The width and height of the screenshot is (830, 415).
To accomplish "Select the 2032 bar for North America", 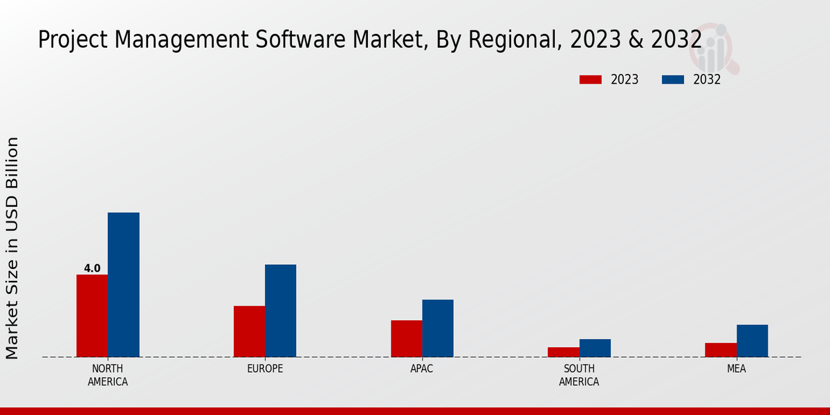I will [123, 284].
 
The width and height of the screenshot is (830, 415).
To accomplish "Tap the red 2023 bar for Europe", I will [249, 331].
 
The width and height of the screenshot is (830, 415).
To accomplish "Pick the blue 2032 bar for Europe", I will [280, 311].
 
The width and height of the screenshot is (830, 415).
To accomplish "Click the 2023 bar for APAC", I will [406, 338].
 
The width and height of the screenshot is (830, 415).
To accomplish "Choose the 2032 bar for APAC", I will [438, 328].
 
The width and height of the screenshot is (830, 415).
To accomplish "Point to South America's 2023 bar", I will [563, 352].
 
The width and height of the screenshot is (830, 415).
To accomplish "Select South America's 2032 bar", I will [595, 348].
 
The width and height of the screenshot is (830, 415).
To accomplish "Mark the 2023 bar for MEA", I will [721, 350].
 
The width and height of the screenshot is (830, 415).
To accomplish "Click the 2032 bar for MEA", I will [752, 340].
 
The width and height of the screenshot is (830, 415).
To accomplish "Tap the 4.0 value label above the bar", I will [92, 268].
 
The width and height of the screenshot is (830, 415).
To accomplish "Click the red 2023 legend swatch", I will [590, 80].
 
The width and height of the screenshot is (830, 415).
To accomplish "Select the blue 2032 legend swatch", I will [672, 80].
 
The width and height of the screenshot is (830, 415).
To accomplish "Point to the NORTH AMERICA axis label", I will [108, 375].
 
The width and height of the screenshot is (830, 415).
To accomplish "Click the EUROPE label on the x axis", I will [265, 369].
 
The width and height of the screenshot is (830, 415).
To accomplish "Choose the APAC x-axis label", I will [422, 369].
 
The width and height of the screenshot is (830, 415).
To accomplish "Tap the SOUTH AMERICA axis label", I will [579, 375].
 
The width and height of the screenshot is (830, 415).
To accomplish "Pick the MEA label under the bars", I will [736, 369].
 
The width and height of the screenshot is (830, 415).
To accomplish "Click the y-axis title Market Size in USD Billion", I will [12, 248].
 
